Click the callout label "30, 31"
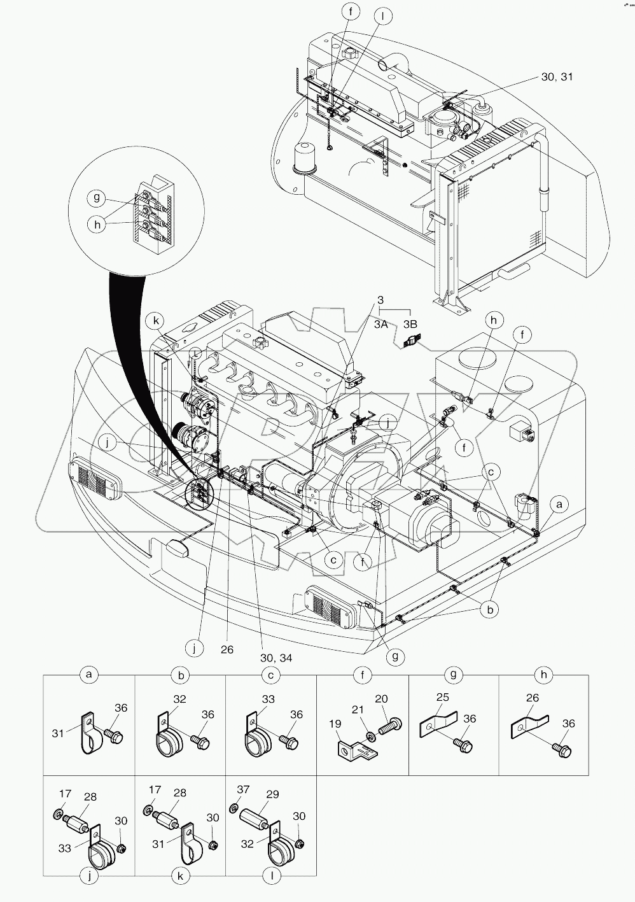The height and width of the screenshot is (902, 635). point(557,76)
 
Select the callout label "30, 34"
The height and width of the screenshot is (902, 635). point(276,658)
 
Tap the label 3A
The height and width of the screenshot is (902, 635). point(381,324)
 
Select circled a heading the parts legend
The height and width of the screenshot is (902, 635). point(89,674)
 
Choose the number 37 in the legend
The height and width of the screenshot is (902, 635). point(242,790)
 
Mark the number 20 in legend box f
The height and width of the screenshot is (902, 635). point(381,699)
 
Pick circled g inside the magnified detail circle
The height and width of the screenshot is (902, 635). point(97,198)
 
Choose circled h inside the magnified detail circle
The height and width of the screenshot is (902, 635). point(97,225)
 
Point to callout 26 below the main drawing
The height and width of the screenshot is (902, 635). point(227,649)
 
